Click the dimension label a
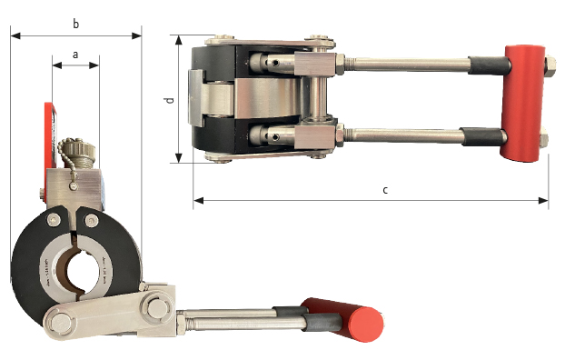click(x=75, y=55)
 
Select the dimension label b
click(x=75, y=25)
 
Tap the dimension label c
click(x=385, y=190)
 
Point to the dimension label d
click(x=170, y=99)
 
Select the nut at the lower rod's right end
click(x=543, y=140)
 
